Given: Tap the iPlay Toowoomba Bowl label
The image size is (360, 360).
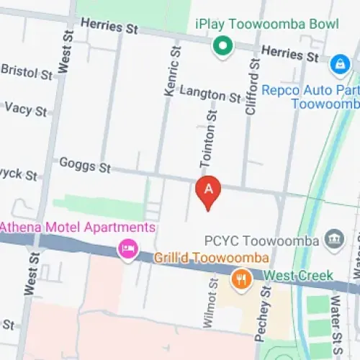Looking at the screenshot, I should [x=266, y=23].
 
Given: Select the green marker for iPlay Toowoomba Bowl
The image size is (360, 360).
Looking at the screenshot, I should [x=223, y=48].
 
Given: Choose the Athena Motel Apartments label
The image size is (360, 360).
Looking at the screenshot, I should [x=77, y=228].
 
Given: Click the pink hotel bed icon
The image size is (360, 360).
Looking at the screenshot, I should [x=128, y=250].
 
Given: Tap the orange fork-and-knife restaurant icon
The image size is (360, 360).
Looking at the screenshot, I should [x=240, y=278].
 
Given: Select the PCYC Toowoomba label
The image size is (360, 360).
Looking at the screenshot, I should [x=261, y=240].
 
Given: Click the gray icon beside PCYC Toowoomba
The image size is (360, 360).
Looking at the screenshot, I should [x=333, y=238].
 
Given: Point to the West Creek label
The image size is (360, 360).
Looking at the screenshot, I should [x=298, y=276].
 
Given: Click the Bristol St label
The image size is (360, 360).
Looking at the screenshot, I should [x=27, y=72].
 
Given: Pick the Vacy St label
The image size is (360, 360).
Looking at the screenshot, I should [x=25, y=110].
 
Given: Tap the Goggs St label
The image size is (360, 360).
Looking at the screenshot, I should [x=85, y=166].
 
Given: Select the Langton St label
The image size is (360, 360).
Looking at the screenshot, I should [x=210, y=93].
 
